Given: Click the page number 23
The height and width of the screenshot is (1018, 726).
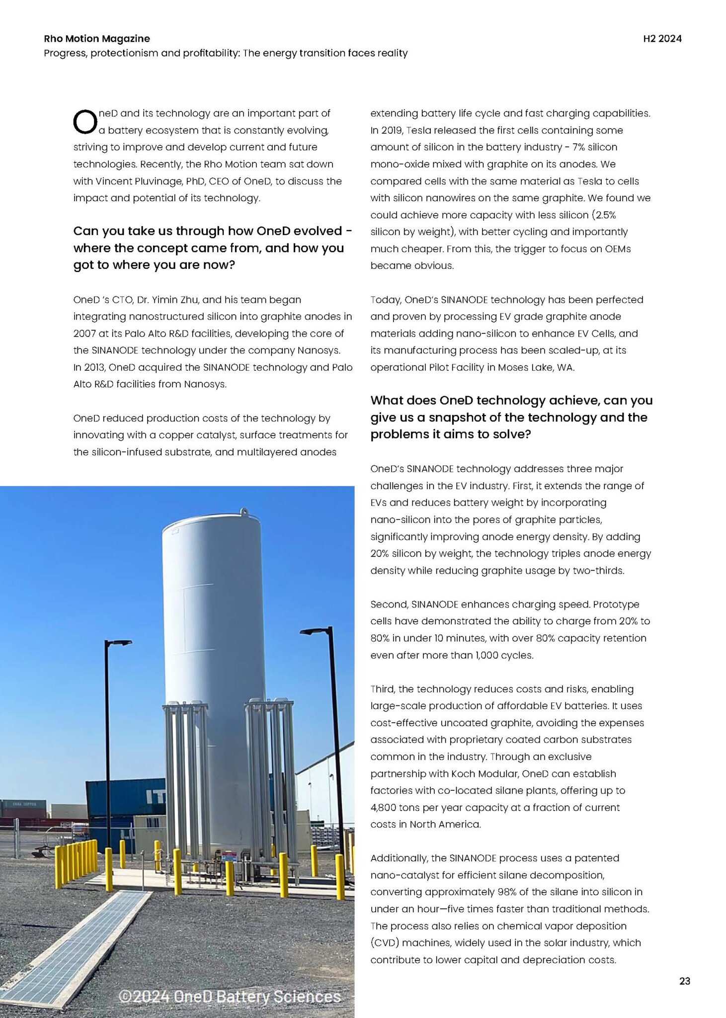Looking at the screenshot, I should pyautogui.click(x=684, y=981).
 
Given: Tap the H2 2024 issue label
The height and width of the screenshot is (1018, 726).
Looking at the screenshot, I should pyautogui.click(x=662, y=39).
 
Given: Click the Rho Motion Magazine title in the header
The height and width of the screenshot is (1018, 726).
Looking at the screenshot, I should pyautogui.click(x=97, y=39).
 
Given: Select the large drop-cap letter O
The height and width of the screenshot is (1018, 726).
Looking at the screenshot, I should pyautogui.click(x=84, y=122).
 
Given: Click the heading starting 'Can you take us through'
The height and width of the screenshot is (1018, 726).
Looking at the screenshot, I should pyautogui.click(x=213, y=248).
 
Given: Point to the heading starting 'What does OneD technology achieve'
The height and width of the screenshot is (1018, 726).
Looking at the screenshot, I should pyautogui.click(x=511, y=417).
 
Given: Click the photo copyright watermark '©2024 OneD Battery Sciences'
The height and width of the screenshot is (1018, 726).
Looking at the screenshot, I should pyautogui.click(x=230, y=996).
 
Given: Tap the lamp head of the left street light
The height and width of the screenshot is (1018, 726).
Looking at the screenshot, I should pyautogui.click(x=121, y=642).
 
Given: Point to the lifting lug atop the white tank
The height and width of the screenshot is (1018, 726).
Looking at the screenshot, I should pyautogui.click(x=244, y=511).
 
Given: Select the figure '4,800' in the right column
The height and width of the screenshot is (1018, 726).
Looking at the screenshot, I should pyautogui.click(x=383, y=807).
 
